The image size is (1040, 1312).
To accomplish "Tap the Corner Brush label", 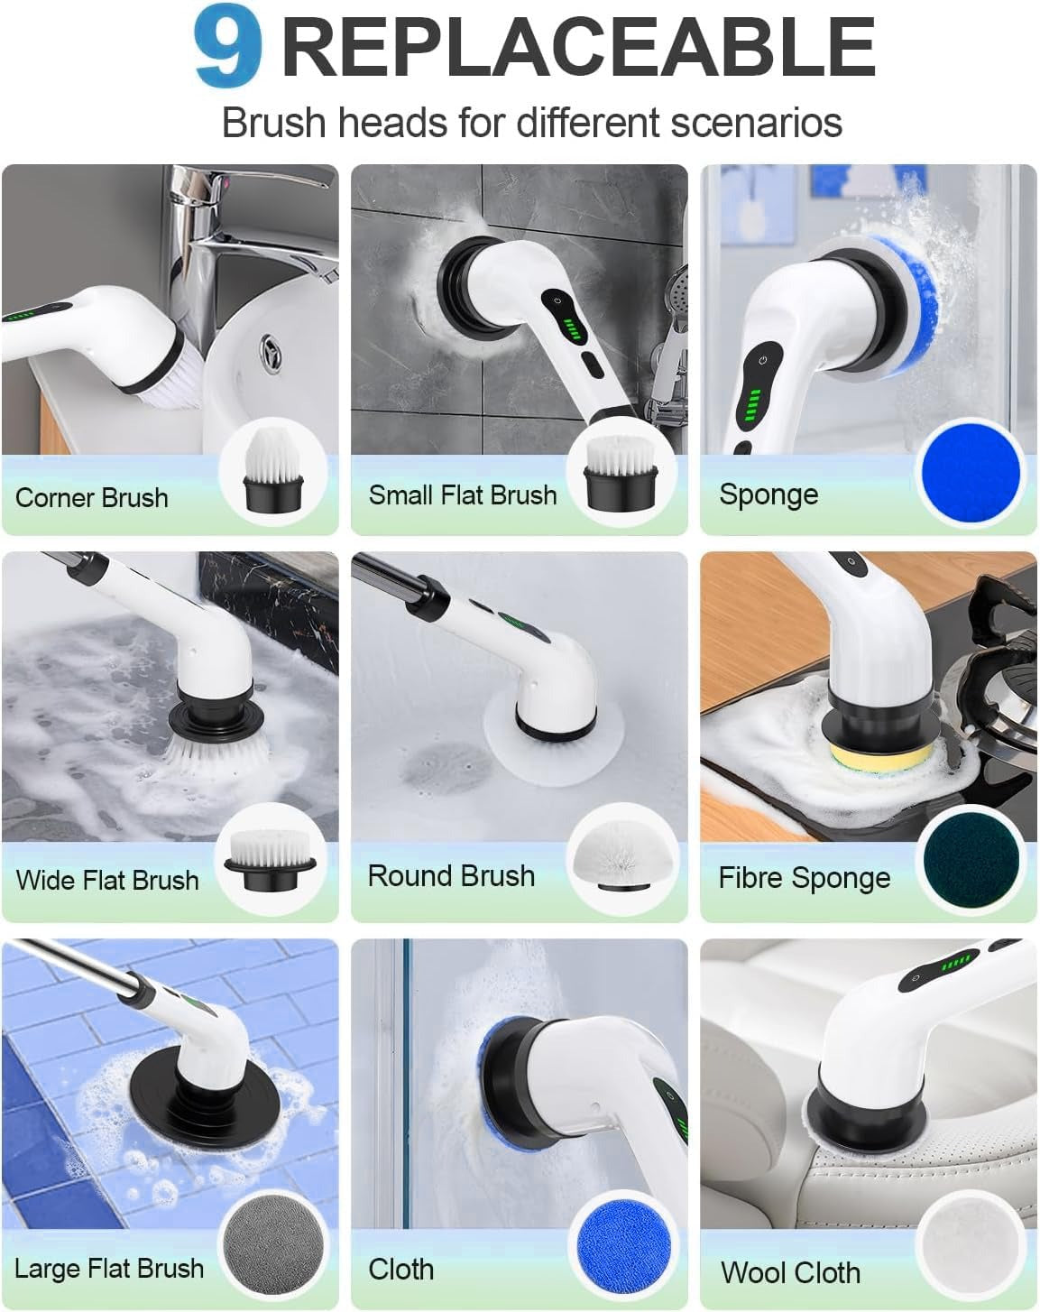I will pyautogui.click(x=92, y=497).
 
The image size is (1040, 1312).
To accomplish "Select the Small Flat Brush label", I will pyautogui.click(x=463, y=494).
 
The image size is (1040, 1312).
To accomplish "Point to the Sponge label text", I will pyautogui.click(x=768, y=494).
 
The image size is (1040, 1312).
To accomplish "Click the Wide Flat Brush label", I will pyautogui.click(x=107, y=880).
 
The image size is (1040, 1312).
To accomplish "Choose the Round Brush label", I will pyautogui.click(x=451, y=876).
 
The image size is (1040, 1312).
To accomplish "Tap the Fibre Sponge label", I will pyautogui.click(x=804, y=878).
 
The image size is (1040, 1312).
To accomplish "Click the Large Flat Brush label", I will pyautogui.click(x=109, y=1268).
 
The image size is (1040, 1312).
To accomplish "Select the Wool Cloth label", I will pyautogui.click(x=790, y=1272).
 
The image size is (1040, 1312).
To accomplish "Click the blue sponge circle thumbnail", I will pyautogui.click(x=971, y=473).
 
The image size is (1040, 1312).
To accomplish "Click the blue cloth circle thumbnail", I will pyautogui.click(x=621, y=1247).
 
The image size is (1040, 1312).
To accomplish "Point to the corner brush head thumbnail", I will pyautogui.click(x=272, y=475).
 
